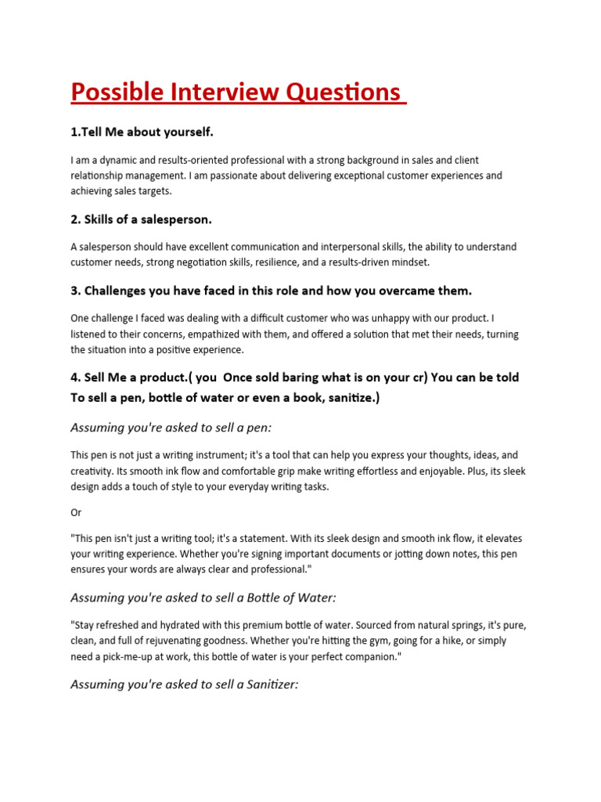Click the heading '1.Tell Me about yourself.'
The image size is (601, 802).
pos(142,132)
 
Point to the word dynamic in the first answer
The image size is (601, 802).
pos(121,160)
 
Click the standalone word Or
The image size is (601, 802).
pos(76,512)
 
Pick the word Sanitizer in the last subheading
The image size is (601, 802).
pos(266,685)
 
